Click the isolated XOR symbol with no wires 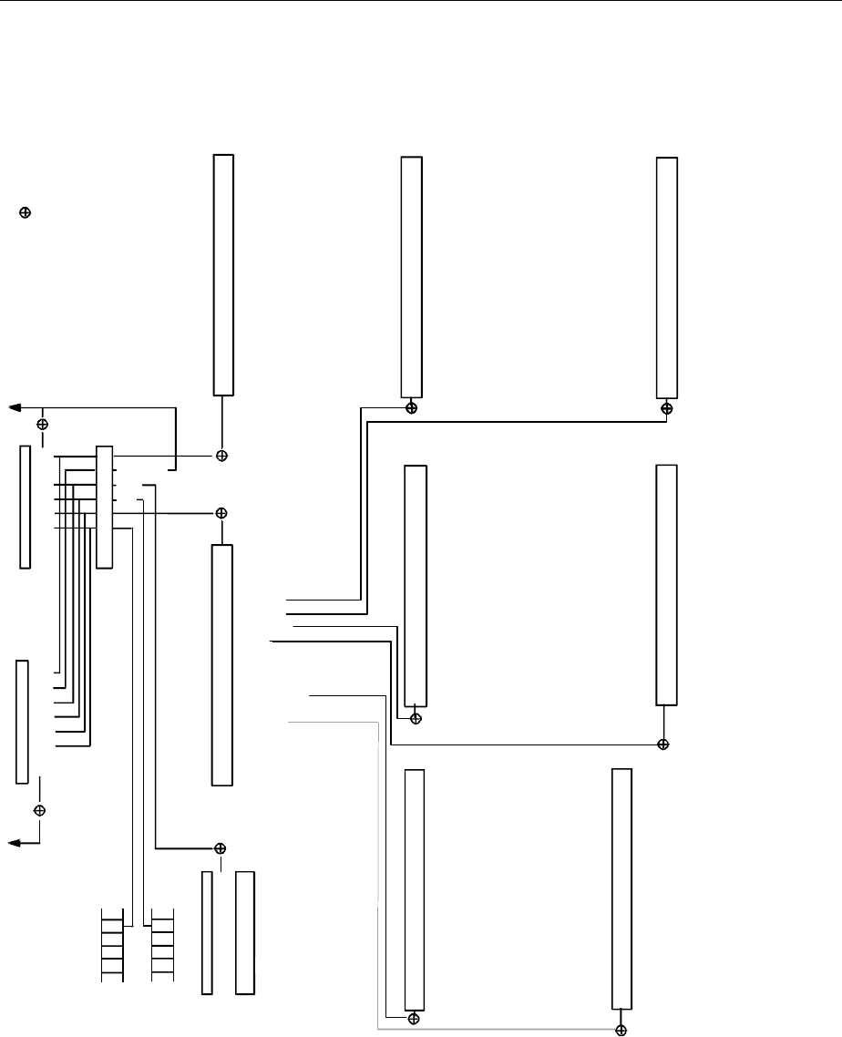pos(26,212)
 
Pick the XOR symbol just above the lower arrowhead pos(40,810)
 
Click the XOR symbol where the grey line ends pos(621,1030)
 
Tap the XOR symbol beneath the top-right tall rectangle pos(667,408)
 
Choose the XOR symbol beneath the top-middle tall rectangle pos(412,407)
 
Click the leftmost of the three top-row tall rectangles pos(223,274)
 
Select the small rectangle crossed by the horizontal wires pos(105,508)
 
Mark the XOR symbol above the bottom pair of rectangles pos(220,848)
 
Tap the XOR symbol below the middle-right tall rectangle pos(663,744)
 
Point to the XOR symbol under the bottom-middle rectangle pos(414,1017)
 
